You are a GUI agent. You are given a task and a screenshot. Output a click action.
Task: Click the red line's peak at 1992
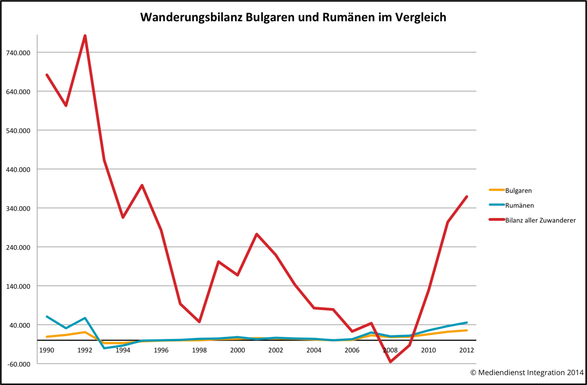point(85,36)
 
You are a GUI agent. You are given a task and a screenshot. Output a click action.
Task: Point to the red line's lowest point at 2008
point(390,362)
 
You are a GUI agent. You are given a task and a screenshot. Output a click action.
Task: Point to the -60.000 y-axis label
point(19,364)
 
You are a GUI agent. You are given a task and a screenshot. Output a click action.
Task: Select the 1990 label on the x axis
point(47,350)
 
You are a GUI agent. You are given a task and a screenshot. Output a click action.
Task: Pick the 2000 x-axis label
point(238,350)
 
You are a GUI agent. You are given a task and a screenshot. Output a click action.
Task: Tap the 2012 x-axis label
point(466,350)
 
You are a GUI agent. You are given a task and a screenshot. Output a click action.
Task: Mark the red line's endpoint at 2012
point(467,197)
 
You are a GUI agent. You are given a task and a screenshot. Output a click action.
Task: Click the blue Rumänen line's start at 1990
point(47,317)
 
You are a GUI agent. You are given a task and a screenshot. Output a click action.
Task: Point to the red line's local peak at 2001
point(257,234)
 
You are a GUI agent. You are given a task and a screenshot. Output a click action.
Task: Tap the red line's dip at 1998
point(200,322)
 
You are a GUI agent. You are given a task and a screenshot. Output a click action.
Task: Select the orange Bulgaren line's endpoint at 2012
point(467,330)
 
